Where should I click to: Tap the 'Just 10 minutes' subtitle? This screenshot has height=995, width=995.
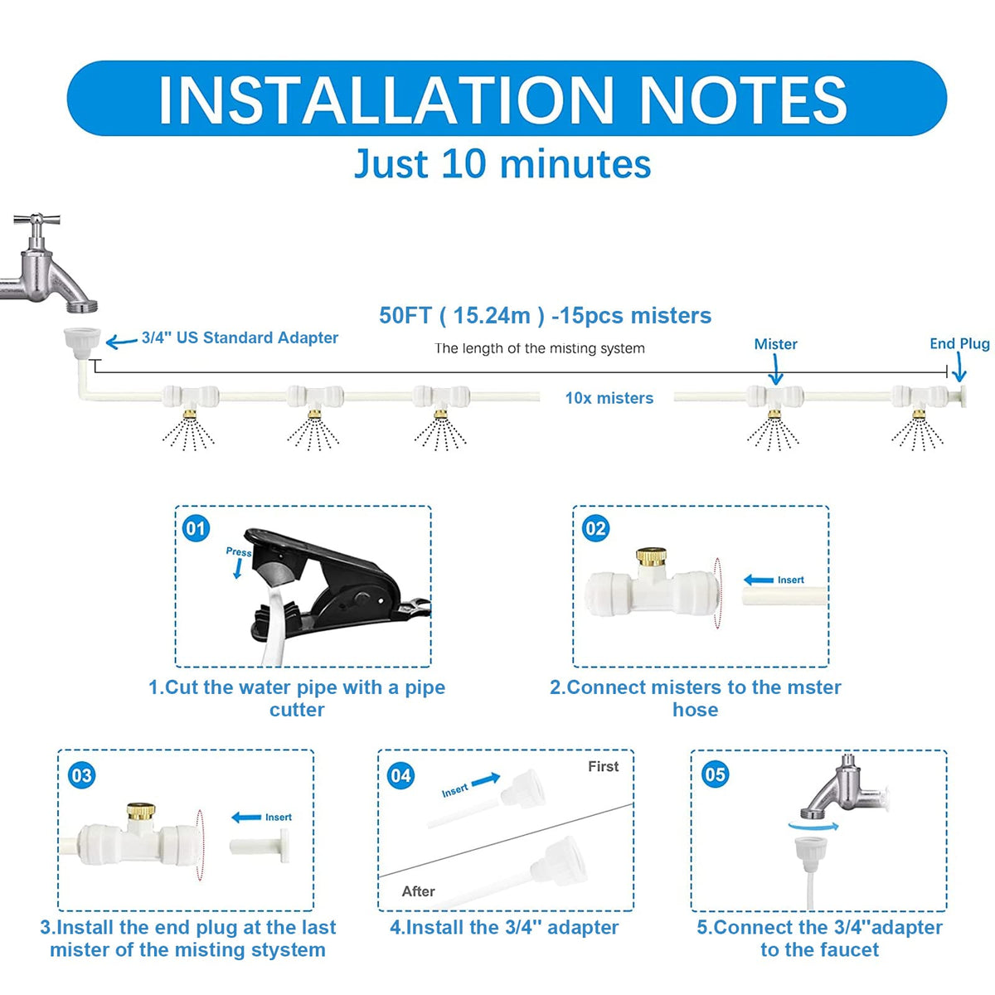(502, 164)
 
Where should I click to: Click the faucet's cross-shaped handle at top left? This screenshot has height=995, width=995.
(36, 220)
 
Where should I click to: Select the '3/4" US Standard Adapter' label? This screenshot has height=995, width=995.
(240, 337)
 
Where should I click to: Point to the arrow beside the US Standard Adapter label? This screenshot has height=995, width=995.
(121, 342)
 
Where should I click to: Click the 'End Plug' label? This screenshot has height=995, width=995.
(959, 343)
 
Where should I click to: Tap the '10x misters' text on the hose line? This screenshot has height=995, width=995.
(609, 398)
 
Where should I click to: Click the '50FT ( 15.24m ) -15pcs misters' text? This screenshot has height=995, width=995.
(546, 315)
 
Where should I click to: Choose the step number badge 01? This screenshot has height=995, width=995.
(197, 528)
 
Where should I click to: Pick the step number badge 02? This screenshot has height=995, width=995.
(596, 528)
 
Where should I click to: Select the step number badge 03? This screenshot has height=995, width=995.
(82, 775)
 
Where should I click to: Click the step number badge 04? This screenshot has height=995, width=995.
(401, 775)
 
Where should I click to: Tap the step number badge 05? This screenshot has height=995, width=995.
(715, 774)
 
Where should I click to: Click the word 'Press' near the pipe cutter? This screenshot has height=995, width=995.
(239, 552)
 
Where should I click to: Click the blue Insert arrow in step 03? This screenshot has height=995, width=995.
(246, 818)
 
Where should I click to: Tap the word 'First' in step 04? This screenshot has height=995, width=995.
(603, 766)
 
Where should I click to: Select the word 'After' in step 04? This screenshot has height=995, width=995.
(418, 891)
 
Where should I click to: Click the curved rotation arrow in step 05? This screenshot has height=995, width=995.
(813, 826)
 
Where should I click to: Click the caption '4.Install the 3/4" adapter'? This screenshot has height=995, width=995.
(504, 927)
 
